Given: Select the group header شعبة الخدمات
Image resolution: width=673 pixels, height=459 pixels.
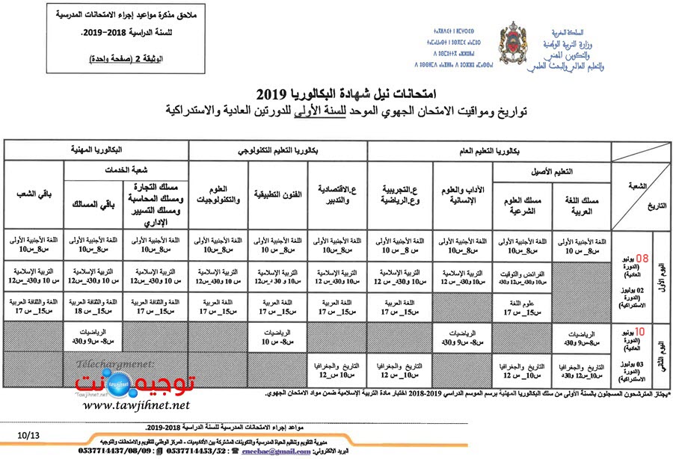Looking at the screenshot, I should click(x=124, y=170).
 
